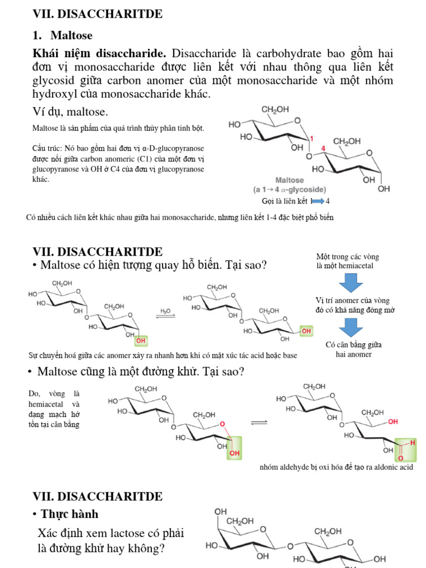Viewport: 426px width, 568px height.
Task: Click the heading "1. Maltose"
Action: coord(63,35)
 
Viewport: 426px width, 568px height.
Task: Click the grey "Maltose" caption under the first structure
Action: coord(290,180)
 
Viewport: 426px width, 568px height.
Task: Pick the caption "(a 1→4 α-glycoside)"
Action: coord(290,190)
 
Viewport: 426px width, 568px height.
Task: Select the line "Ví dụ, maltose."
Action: coord(70,112)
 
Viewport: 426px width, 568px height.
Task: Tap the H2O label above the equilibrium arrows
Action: coord(165,311)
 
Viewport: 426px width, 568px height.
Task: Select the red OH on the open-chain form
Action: coord(393,422)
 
